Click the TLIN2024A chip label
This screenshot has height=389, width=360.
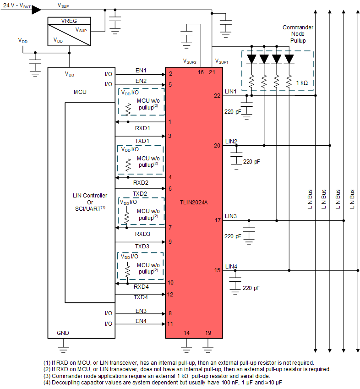pyautogui.click(x=194, y=202)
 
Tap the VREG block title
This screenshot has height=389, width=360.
pyautogui.click(x=69, y=21)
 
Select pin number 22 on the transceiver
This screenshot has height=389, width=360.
pyautogui.click(x=217, y=95)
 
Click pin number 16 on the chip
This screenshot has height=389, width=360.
pyautogui.click(x=201, y=72)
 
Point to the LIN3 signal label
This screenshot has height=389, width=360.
pyautogui.click(x=231, y=216)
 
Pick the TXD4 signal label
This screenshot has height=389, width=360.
pyautogui.click(x=142, y=297)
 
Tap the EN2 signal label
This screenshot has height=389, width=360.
pyautogui.click(x=141, y=81)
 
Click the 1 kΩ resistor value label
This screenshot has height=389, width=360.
pyautogui.click(x=303, y=83)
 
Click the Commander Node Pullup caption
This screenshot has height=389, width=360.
pyautogui.click(x=298, y=34)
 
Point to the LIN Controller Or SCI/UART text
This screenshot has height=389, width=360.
pyautogui.click(x=90, y=202)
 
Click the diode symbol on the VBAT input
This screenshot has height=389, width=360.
pyautogui.click(x=36, y=10)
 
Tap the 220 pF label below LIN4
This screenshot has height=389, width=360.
pyautogui.click(x=251, y=288)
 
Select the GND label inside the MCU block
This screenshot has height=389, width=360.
pyautogui.click(x=63, y=332)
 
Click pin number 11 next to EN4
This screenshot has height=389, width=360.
pyautogui.click(x=170, y=324)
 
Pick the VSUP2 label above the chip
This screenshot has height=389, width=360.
pyautogui.click(x=190, y=61)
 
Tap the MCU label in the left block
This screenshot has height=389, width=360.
pyautogui.click(x=80, y=92)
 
